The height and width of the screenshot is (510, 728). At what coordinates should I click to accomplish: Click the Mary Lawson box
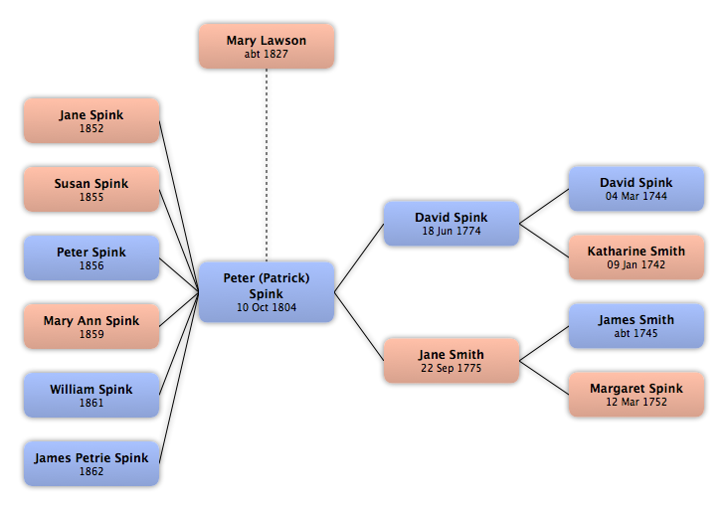click(267, 47)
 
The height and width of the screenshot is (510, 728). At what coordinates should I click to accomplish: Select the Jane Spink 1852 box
click(91, 120)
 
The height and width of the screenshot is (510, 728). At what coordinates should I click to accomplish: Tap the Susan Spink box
click(91, 189)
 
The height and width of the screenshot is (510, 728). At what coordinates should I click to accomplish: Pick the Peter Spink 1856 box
click(91, 258)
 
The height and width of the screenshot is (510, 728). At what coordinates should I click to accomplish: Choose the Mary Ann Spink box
click(91, 326)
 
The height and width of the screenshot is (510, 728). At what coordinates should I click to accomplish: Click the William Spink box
click(91, 395)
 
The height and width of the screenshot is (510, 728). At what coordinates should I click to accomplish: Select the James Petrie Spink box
click(91, 463)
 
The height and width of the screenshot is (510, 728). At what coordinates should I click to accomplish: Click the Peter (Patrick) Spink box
click(267, 292)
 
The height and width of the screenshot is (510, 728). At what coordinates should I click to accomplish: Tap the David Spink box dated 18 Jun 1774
click(452, 224)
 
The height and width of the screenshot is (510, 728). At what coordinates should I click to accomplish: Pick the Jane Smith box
click(452, 361)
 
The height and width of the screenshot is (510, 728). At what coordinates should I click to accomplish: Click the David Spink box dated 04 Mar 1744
click(637, 189)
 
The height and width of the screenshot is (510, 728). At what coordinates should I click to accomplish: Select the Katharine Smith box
click(637, 257)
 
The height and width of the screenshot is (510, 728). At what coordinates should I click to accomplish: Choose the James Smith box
click(637, 326)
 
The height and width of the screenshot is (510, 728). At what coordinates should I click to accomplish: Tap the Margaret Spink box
click(637, 395)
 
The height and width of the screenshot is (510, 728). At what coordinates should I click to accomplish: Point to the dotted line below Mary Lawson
click(267, 165)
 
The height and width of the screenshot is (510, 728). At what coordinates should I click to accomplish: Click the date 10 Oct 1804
click(267, 307)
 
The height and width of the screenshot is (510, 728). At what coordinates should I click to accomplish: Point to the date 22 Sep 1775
click(452, 368)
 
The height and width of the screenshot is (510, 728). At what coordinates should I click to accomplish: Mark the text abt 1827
click(267, 54)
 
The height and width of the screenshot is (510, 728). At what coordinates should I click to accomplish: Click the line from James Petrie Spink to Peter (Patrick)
click(179, 378)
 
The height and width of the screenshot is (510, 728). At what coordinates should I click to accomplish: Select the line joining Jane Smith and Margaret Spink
click(544, 378)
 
